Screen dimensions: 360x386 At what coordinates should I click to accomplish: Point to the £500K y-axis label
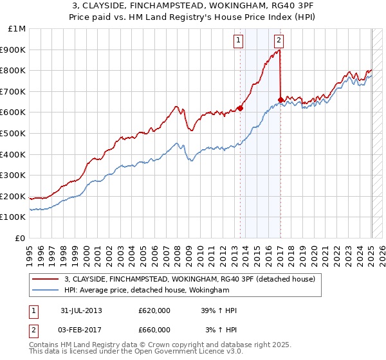point(14,133)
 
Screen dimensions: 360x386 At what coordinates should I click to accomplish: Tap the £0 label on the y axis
point(19,238)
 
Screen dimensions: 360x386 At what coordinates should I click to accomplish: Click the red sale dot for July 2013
point(240,108)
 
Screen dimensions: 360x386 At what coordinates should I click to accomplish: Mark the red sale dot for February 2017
point(280,100)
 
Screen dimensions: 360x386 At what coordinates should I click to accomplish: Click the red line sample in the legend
point(44,280)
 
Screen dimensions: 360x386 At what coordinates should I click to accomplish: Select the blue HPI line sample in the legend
point(44,291)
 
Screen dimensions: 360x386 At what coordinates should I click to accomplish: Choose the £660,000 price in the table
point(154,330)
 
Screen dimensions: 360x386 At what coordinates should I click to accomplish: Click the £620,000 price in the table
point(154,310)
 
